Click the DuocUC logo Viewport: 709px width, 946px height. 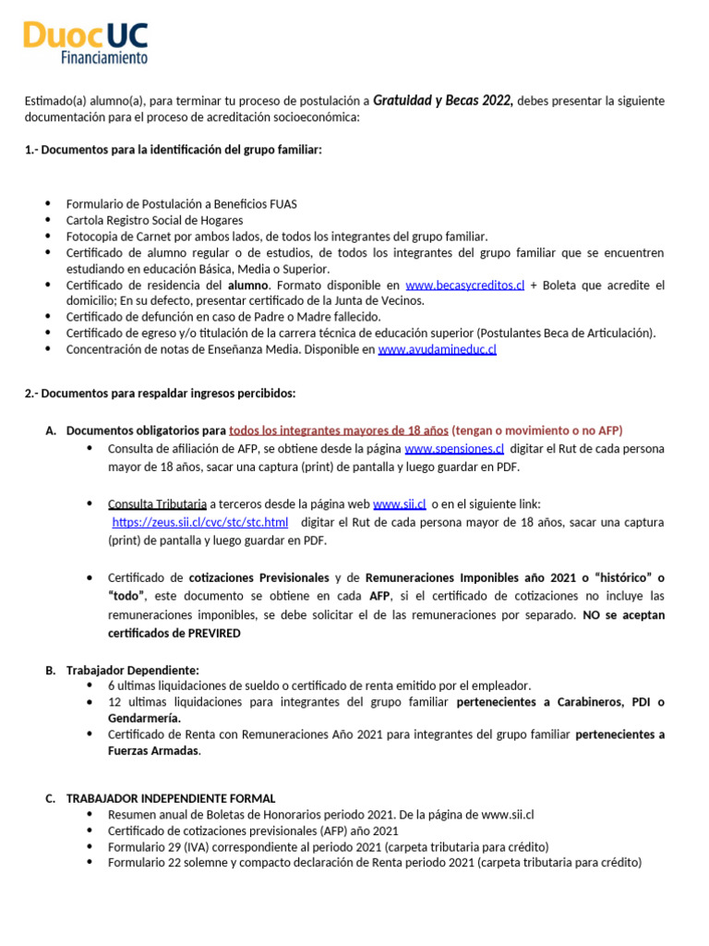[x=85, y=37]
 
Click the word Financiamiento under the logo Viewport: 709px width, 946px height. [x=103, y=58]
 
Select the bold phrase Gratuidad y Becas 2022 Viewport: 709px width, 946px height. [x=443, y=100]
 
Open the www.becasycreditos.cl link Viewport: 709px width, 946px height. [x=464, y=285]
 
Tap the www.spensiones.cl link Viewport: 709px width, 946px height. [x=454, y=449]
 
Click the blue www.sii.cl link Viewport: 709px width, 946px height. [x=399, y=504]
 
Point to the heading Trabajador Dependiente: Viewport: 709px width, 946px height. [x=133, y=670]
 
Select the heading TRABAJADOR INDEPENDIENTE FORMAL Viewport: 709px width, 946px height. [x=171, y=798]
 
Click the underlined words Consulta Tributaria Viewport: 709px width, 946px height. [x=157, y=504]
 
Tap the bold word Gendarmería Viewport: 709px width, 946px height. [x=144, y=718]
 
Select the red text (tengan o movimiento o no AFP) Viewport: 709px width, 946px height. [x=537, y=431]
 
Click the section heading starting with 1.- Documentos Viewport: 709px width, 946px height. [x=173, y=150]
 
